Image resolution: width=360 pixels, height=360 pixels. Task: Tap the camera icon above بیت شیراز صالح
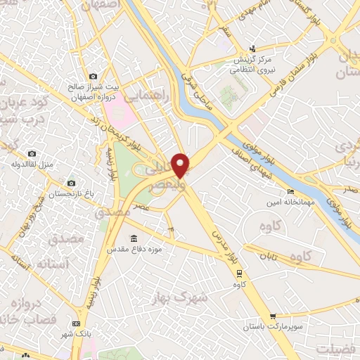click(x=92, y=77)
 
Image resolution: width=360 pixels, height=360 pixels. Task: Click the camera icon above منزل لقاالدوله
click(x=31, y=153)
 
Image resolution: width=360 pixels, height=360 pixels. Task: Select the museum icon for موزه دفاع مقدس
click(x=134, y=238)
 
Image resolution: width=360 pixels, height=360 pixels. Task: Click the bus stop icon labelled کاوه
click(x=239, y=274)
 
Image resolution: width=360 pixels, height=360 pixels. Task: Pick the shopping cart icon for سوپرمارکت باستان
click(x=273, y=317)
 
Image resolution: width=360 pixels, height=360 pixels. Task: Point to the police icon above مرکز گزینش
click(x=254, y=49)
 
